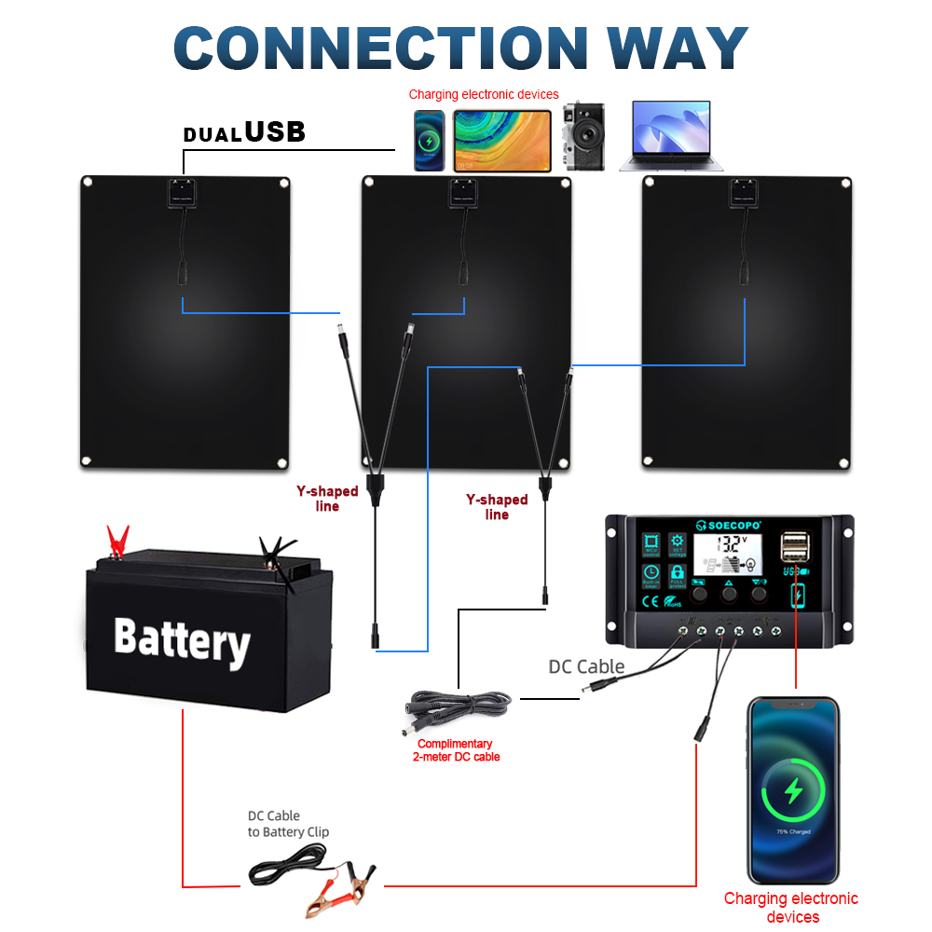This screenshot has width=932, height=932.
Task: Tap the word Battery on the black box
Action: point(182,639)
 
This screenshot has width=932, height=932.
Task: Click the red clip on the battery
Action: point(117,541)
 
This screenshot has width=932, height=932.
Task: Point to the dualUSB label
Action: point(244,132)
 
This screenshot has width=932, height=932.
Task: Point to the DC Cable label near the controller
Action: point(586,666)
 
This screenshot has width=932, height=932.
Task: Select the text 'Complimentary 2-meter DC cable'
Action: point(455,750)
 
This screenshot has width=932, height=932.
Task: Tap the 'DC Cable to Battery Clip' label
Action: point(288,824)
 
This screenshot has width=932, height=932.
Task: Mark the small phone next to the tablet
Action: point(430,141)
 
